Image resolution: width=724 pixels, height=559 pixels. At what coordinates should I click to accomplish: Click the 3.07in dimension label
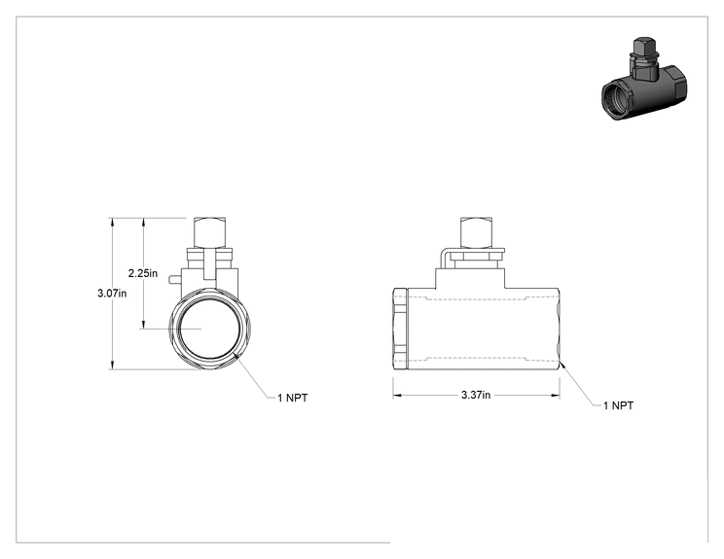tap(112, 293)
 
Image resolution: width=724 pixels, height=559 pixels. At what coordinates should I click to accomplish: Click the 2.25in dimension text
tap(143, 273)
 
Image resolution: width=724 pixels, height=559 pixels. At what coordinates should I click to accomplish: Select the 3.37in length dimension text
tap(476, 395)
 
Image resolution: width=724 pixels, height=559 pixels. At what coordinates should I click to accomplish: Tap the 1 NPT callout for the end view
tap(292, 398)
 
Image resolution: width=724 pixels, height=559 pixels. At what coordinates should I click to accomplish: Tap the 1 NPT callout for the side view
tap(618, 405)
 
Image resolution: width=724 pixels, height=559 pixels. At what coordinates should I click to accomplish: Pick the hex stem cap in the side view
tap(478, 232)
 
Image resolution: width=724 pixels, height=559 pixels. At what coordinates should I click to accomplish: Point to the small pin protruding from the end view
tap(175, 279)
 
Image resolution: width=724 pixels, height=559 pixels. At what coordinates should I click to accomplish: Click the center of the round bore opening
tap(210, 329)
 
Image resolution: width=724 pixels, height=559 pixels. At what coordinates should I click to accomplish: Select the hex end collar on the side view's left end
tap(400, 329)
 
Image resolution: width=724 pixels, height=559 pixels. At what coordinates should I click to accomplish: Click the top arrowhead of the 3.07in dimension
tap(111, 222)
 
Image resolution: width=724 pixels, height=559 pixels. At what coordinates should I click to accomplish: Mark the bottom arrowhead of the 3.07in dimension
tap(111, 366)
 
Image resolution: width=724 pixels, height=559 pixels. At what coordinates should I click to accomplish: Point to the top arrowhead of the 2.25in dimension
tap(144, 222)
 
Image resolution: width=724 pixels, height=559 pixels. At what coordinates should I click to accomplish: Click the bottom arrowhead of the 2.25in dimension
tap(144, 325)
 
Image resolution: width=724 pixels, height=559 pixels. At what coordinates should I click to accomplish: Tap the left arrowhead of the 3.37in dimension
tap(397, 396)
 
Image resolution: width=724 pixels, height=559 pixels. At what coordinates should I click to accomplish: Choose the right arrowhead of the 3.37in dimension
tap(556, 396)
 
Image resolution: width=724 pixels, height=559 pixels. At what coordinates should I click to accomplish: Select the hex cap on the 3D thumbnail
tap(642, 46)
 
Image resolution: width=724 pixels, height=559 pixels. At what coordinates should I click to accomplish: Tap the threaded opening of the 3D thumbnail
tap(615, 100)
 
